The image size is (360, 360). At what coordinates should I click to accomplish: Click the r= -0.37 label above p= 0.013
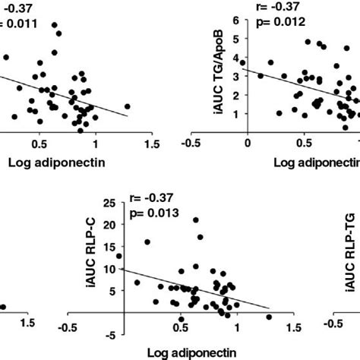[x=153, y=197]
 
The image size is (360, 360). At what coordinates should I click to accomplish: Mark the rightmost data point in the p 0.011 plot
[x=127, y=106]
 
